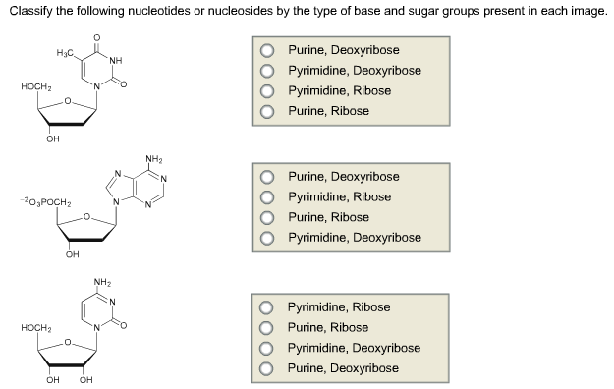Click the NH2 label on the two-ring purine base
153,158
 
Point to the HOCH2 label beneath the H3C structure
35,87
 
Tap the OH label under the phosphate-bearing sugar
72,257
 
